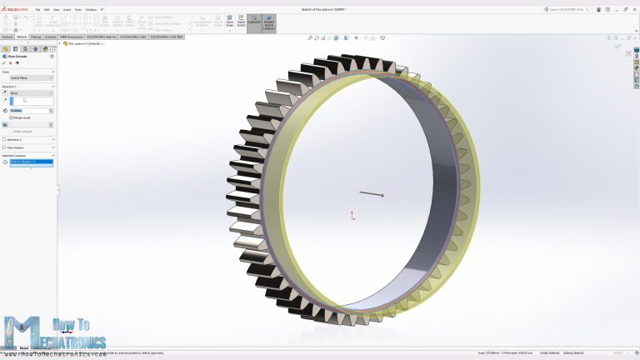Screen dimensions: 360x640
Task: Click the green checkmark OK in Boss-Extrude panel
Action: pos(4,63)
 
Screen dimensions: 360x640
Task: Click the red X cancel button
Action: pos(11,63)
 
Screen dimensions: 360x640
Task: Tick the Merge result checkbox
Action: pos(12,117)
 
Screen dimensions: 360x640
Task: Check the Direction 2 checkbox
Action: pos(4,139)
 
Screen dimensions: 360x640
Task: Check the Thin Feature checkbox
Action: pos(4,147)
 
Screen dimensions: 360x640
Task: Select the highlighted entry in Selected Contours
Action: pos(31,162)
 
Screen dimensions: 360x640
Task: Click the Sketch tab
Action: pos(22,37)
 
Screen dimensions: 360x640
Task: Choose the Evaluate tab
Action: pos(50,37)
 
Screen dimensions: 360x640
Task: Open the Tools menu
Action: pos(78,9)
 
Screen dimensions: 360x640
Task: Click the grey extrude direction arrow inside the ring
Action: pos(372,194)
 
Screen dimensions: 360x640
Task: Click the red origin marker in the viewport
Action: pos(352,216)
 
